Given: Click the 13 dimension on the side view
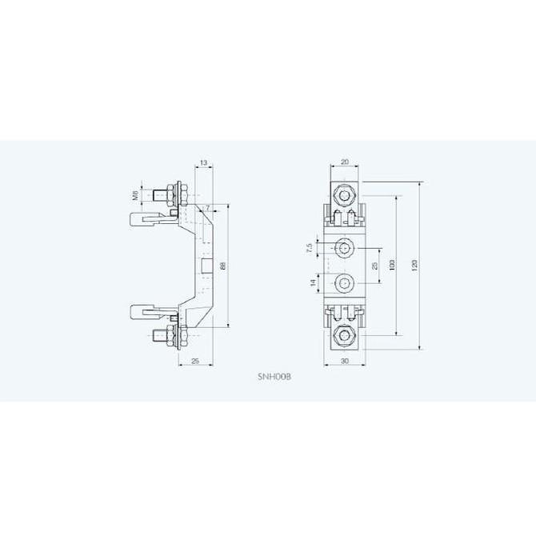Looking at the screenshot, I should (x=205, y=163).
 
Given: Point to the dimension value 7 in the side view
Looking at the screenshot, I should (x=208, y=208).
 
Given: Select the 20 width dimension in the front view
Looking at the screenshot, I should (x=345, y=163).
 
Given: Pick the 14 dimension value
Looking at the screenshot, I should (x=310, y=282).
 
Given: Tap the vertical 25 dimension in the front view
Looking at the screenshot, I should (x=374, y=265).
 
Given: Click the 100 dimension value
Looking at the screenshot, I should (x=393, y=265).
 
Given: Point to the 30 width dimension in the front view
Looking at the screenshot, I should (x=345, y=362).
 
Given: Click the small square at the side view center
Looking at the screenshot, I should (x=206, y=266).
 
